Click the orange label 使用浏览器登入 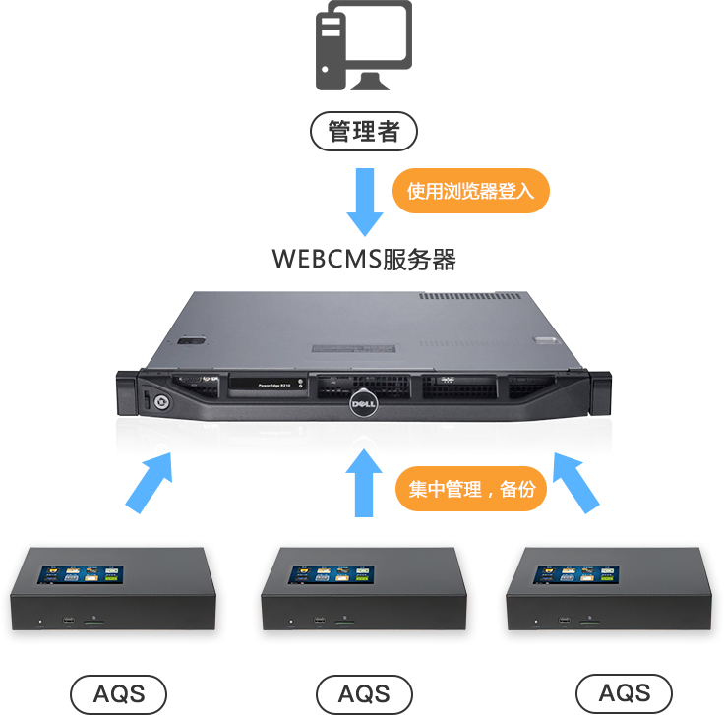[470, 191]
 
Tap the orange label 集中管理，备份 [470, 489]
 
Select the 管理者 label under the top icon [363, 131]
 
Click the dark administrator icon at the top [363, 44]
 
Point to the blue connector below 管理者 [364, 202]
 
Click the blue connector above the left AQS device [149, 484]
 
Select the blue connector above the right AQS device [576, 485]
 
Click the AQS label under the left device [119, 694]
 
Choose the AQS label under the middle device [363, 694]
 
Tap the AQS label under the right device [623, 690]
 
